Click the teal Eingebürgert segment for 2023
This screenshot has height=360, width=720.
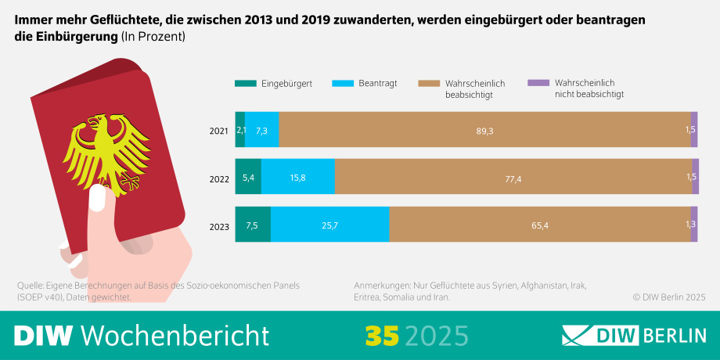point(253,225)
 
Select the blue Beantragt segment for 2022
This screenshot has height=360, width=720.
point(297,178)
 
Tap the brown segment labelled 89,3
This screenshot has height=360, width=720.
point(484,130)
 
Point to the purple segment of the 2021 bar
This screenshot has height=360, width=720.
point(693,130)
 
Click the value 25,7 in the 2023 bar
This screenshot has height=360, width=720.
point(329,225)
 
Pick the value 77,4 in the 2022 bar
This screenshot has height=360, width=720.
point(513,178)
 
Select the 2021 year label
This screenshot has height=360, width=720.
point(219,131)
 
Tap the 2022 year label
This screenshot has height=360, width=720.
point(219,178)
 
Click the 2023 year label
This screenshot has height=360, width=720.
point(219,226)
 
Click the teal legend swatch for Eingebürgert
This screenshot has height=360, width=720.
point(245,83)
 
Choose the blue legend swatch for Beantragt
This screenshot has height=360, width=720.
point(343,83)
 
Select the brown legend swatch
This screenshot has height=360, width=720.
point(429,83)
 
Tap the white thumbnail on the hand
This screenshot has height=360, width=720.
point(98,198)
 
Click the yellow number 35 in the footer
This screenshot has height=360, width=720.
point(381,335)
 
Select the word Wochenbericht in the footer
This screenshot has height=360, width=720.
point(175,335)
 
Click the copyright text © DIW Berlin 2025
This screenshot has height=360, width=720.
point(669,297)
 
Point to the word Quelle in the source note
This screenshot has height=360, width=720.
point(32,285)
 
